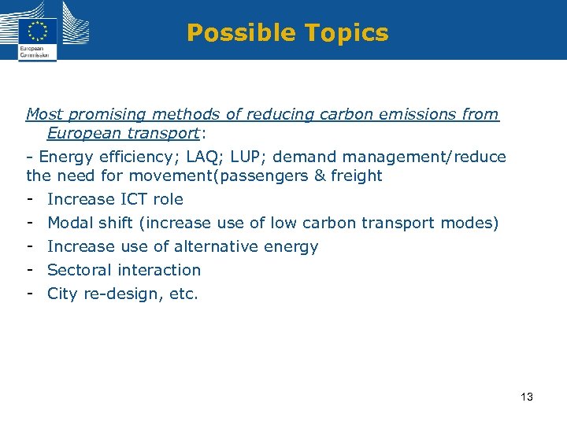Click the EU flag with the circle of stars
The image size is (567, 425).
tap(37, 31)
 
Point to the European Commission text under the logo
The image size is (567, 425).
tap(34, 53)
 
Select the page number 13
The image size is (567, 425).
tap(527, 397)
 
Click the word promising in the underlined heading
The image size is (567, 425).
tap(106, 115)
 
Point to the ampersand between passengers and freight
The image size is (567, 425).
tap(319, 176)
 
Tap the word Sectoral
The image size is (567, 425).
tap(80, 270)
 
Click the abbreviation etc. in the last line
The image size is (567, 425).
tap(183, 294)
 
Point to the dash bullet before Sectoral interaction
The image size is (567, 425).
tap(29, 270)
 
